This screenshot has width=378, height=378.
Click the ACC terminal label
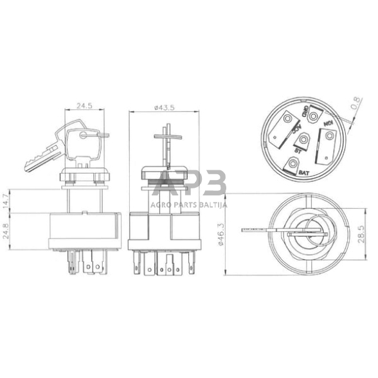pyautogui.click(x=297, y=129)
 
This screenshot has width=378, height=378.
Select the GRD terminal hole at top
pyautogui.click(x=313, y=116)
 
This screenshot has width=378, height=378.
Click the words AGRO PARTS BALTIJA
pyautogui.click(x=188, y=204)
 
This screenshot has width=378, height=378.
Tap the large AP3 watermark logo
pyautogui.click(x=188, y=184)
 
